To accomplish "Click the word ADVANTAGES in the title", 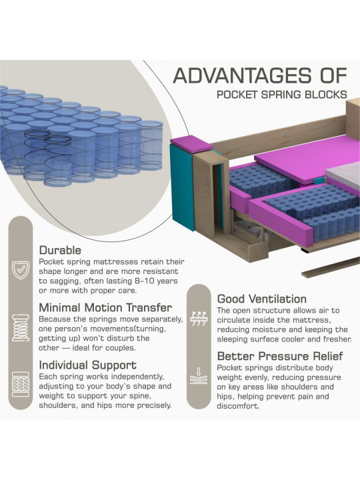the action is pyautogui.click(x=240, y=75).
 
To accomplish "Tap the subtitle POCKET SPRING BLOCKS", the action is pyautogui.click(x=281, y=94).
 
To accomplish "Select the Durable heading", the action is pyautogui.click(x=60, y=250).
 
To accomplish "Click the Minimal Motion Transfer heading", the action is pyautogui.click(x=105, y=307).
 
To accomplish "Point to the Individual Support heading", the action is pyautogui.click(x=87, y=365).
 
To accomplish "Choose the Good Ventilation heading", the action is pyautogui.click(x=262, y=299).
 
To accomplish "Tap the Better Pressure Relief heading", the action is pyautogui.click(x=280, y=356).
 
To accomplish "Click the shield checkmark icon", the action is pyautogui.click(x=21, y=270).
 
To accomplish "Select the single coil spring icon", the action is pyautogui.click(x=21, y=327).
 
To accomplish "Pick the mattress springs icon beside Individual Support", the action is pyautogui.click(x=21, y=385).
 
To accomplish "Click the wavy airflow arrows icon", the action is pyautogui.click(x=199, y=319).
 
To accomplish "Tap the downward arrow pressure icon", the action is pyautogui.click(x=199, y=376).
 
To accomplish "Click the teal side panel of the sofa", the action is pyautogui.click(x=182, y=187).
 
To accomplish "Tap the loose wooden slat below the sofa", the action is pyautogui.click(x=331, y=269).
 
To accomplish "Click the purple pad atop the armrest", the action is pyautogui.click(x=191, y=143).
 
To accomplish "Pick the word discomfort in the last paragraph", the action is pyautogui.click(x=238, y=406).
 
